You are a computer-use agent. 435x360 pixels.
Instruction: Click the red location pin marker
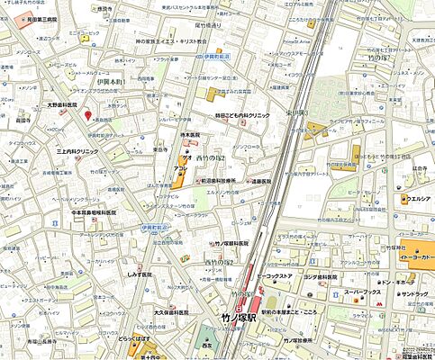pos(88,114)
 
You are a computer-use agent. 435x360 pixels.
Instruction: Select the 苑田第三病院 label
pos(38,19)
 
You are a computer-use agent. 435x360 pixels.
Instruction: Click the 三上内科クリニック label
pos(77,152)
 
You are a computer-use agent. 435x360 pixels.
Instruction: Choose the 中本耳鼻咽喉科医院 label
pos(89,212)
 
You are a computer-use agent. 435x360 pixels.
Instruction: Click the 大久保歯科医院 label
pos(171,312)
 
